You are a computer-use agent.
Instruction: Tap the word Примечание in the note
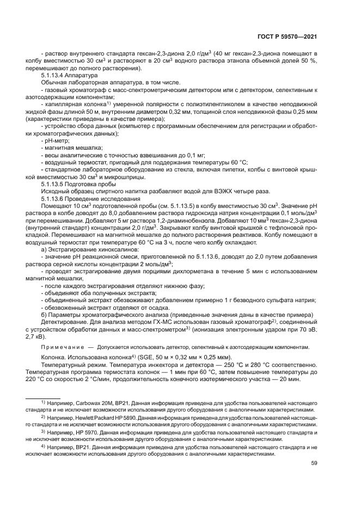tap(61, 347)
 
